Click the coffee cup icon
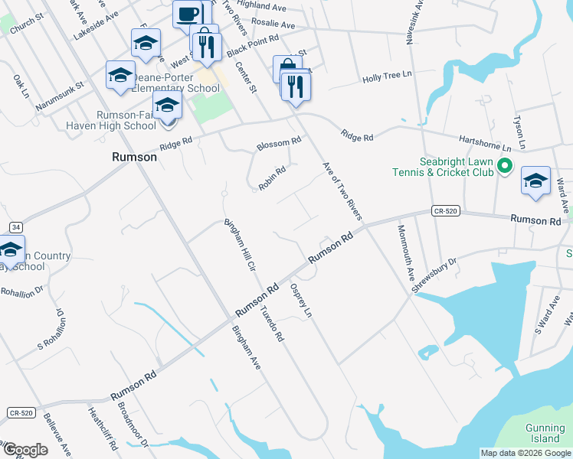coord(188,14)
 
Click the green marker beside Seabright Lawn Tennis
coord(505,165)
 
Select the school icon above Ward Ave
coord(535,181)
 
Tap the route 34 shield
coord(15,227)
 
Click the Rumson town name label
coord(134,157)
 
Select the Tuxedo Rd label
coord(271,324)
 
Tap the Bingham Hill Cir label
coord(239,246)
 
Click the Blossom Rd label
coord(279,143)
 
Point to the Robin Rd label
coord(272,178)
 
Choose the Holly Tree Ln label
coord(388,78)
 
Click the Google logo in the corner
coord(26,450)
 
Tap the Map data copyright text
coord(526,453)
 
